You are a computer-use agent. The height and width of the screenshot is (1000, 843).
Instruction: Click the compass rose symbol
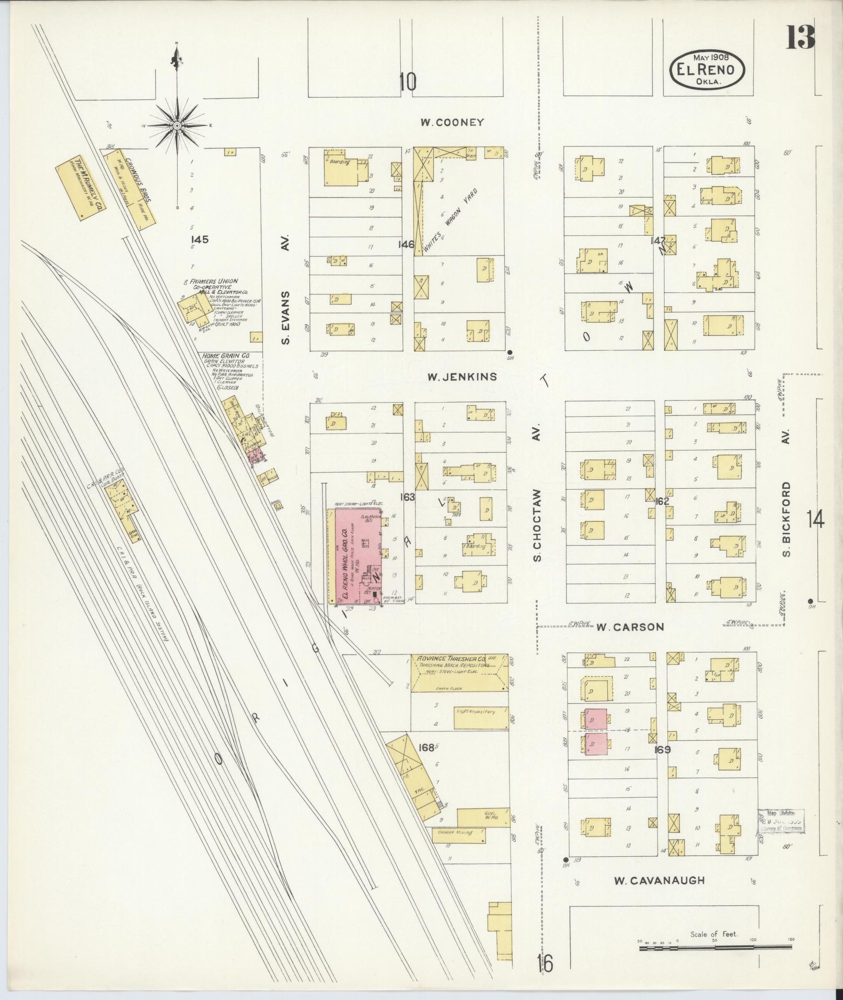pos(178,125)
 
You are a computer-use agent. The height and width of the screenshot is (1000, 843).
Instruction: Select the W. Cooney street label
pos(453,123)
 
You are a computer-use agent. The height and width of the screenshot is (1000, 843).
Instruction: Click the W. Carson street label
pos(630,627)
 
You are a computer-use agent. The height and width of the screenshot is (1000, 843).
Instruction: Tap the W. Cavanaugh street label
pos(659,881)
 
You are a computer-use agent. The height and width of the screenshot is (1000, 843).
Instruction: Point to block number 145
pos(200,239)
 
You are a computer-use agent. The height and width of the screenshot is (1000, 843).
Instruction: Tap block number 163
pos(407,497)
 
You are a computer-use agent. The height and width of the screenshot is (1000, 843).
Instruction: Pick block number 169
pos(663,750)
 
